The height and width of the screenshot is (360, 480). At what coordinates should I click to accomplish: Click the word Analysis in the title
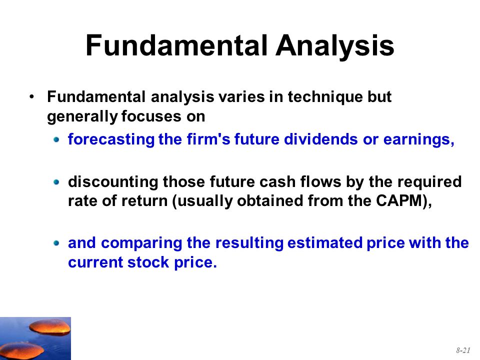(335, 46)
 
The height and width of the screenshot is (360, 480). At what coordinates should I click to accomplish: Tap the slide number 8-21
(463, 350)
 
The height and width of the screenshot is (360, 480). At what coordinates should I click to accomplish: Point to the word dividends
(321, 139)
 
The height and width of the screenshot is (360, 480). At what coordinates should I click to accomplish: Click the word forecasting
(111, 140)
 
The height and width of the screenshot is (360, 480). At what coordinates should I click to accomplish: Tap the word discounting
(113, 182)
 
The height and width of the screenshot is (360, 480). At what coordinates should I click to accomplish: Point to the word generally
(82, 116)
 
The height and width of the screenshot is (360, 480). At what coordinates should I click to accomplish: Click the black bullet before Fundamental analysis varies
(32, 97)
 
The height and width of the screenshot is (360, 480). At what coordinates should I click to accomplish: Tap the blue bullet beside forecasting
(56, 140)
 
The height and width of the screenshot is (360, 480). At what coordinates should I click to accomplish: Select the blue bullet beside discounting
(56, 182)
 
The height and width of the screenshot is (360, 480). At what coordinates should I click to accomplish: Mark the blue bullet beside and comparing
(56, 243)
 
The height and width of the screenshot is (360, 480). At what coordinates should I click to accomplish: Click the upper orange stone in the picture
(50, 327)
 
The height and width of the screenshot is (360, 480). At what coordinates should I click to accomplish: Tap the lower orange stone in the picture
(21, 350)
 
